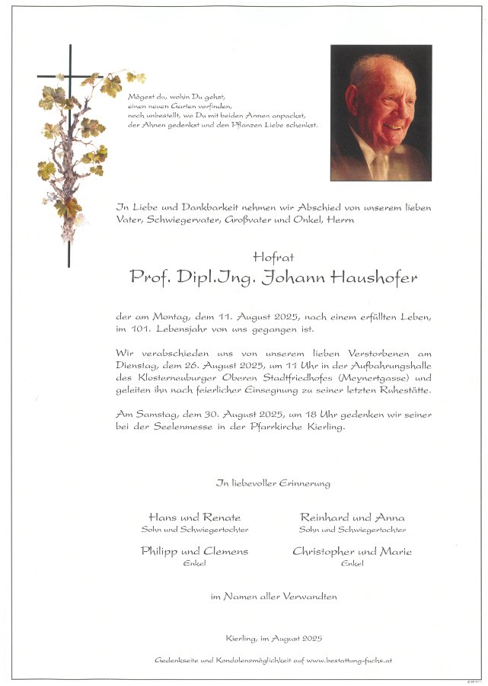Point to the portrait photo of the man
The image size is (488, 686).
(381, 112)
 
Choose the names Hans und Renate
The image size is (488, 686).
(194, 518)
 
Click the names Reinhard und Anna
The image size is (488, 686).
(352, 518)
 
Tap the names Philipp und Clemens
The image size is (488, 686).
(194, 552)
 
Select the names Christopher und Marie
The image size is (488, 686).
(352, 552)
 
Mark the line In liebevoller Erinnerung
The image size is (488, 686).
(273, 483)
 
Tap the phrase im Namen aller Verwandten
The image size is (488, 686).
(273, 596)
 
